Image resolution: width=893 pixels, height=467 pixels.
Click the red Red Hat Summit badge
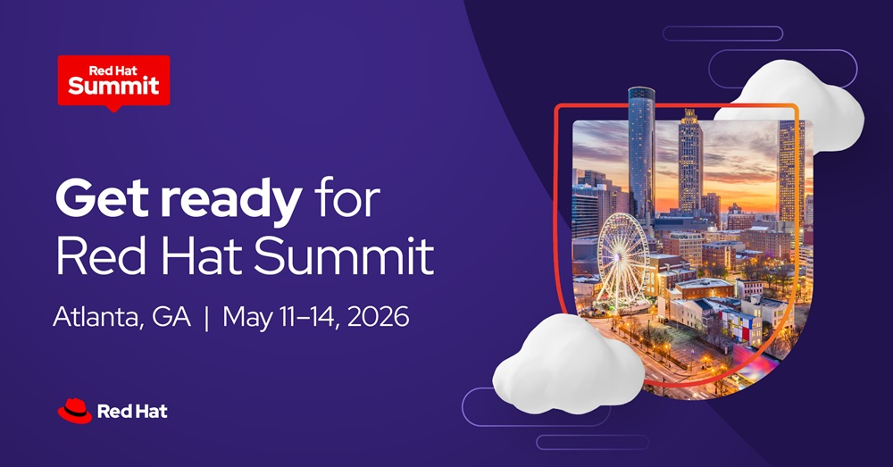[113, 79]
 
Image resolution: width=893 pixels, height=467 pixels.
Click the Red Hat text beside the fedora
[132, 412]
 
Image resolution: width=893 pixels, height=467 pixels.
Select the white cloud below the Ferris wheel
[567, 362]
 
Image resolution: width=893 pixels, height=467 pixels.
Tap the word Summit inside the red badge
[113, 86]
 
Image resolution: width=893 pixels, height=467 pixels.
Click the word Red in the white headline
[97, 255]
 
